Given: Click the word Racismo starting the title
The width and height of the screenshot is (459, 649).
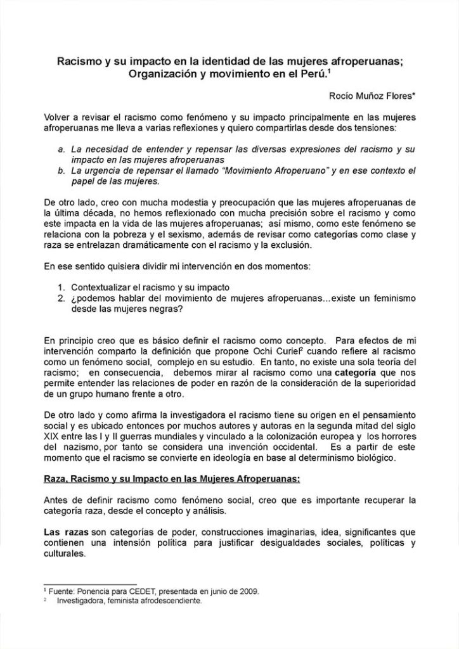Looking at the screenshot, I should [77, 62].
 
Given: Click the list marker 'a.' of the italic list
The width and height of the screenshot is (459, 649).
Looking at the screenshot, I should [60, 149].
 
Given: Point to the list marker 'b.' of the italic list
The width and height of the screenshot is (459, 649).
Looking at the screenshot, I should [60, 171].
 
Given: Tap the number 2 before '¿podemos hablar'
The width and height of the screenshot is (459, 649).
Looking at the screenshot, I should [60, 298].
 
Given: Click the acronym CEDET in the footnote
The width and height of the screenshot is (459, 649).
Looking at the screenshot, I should [138, 591].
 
